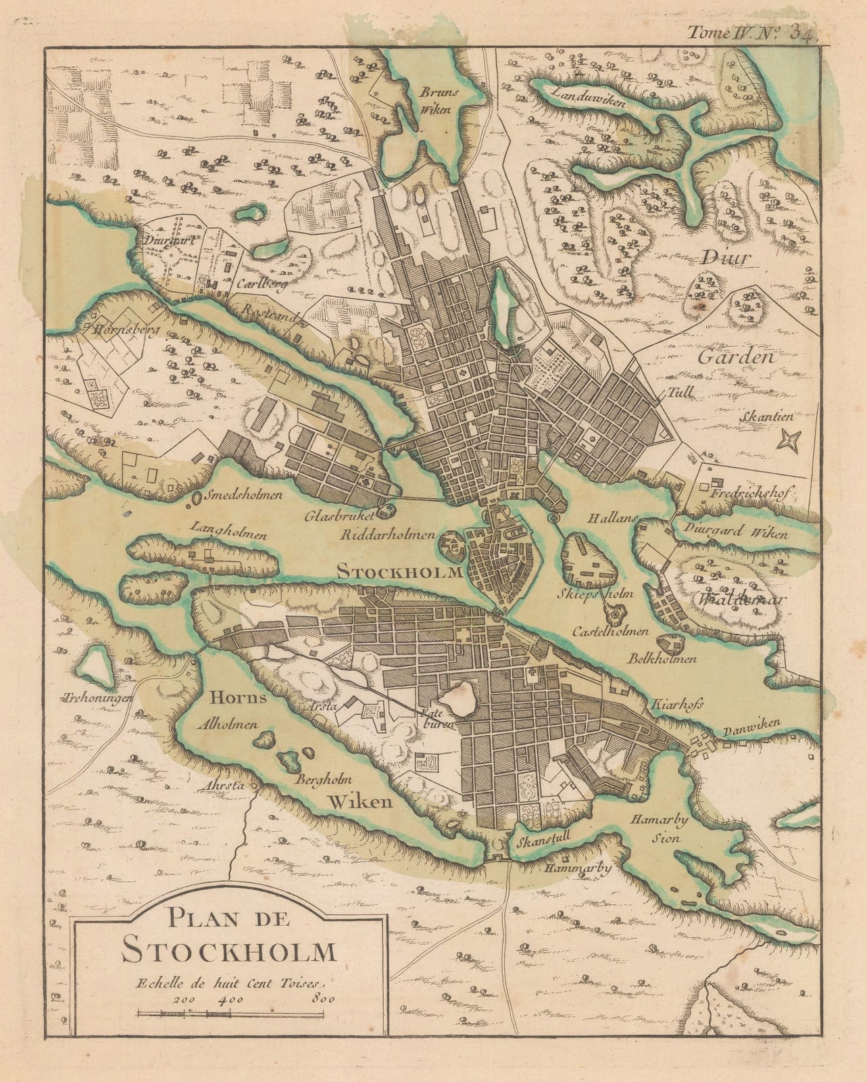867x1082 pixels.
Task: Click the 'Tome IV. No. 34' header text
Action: point(753,32)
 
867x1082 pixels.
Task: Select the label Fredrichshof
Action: point(751,493)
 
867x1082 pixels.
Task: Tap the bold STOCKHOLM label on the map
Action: point(399,571)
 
